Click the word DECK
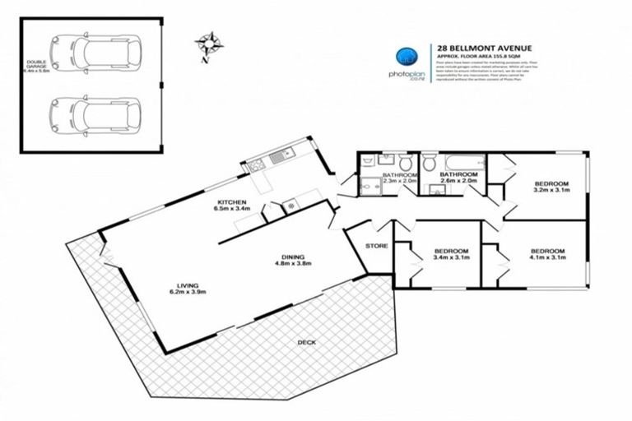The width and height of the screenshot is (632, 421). [x=306, y=342]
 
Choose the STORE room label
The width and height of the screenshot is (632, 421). [x=376, y=245]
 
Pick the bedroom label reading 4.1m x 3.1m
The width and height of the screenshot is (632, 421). [x=546, y=255]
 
